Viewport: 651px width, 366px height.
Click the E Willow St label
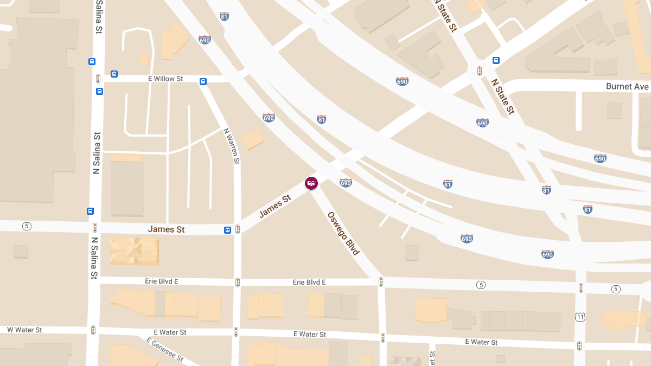point(165,79)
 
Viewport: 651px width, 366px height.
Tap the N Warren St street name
point(232,146)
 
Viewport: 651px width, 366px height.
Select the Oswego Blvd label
point(343,233)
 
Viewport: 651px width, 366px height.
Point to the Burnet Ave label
point(627,87)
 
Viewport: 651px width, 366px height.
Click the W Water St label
point(24,330)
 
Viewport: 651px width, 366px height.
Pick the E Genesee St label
point(165,350)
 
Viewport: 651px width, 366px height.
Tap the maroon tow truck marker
point(311,184)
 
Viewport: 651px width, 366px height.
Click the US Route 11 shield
point(580,316)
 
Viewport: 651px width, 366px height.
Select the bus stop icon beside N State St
point(496,60)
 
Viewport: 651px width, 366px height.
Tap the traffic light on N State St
point(480,71)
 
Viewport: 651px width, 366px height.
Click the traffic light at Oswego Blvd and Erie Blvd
point(381,282)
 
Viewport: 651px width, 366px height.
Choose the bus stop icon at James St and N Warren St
point(228,230)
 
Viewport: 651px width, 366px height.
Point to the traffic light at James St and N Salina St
point(95,228)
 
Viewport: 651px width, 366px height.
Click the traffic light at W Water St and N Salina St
point(93,330)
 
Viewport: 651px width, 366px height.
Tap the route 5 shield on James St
point(26,226)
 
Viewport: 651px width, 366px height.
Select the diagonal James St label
point(275,207)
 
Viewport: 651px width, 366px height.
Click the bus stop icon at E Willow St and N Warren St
point(203,82)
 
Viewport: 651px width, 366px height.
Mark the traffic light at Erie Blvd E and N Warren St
point(237,282)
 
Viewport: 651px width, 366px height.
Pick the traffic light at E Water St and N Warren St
point(236,331)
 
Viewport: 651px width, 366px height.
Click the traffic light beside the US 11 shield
point(580,288)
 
